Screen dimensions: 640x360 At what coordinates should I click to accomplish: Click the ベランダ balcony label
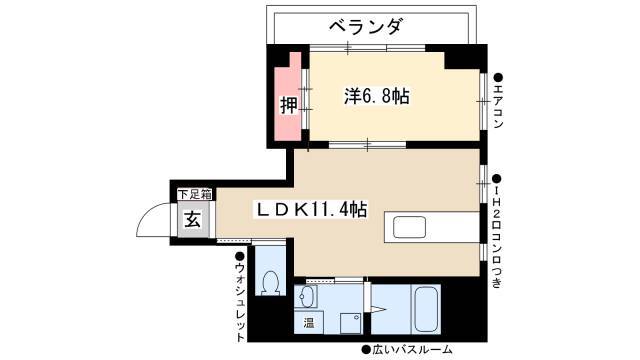367,27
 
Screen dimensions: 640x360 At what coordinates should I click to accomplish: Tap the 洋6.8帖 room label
377,96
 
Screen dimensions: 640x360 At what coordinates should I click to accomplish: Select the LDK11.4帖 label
311,210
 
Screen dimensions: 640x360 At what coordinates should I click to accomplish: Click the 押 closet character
289,105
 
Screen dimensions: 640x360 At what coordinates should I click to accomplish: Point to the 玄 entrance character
193,220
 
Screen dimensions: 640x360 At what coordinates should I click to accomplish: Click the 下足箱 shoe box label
195,195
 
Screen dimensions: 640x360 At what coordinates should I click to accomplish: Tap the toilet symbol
270,282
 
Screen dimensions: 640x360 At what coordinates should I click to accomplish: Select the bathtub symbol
426,309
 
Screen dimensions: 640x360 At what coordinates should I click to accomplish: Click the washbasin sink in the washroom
307,296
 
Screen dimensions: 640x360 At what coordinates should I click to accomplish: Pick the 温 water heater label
309,323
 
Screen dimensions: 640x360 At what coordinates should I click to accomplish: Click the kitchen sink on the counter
409,227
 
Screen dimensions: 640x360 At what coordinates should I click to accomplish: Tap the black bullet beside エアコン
498,78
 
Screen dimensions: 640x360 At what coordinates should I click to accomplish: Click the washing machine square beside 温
351,323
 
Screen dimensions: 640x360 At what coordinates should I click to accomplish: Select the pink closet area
288,98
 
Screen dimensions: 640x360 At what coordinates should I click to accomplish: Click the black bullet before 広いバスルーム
366,350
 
